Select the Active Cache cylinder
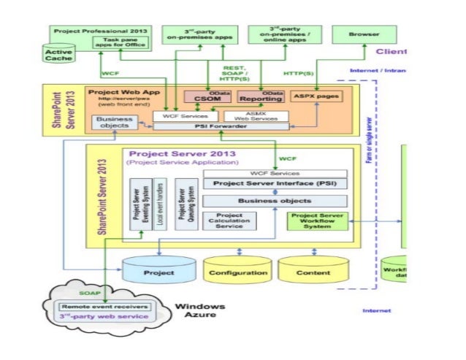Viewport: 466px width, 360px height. click(x=58, y=53)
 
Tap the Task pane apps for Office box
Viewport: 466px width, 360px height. click(x=121, y=42)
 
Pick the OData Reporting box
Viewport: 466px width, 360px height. click(x=262, y=98)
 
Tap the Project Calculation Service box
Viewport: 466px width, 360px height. click(x=231, y=220)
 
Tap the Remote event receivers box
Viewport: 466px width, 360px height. click(x=107, y=307)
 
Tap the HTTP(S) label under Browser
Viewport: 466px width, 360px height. click(x=299, y=73)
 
